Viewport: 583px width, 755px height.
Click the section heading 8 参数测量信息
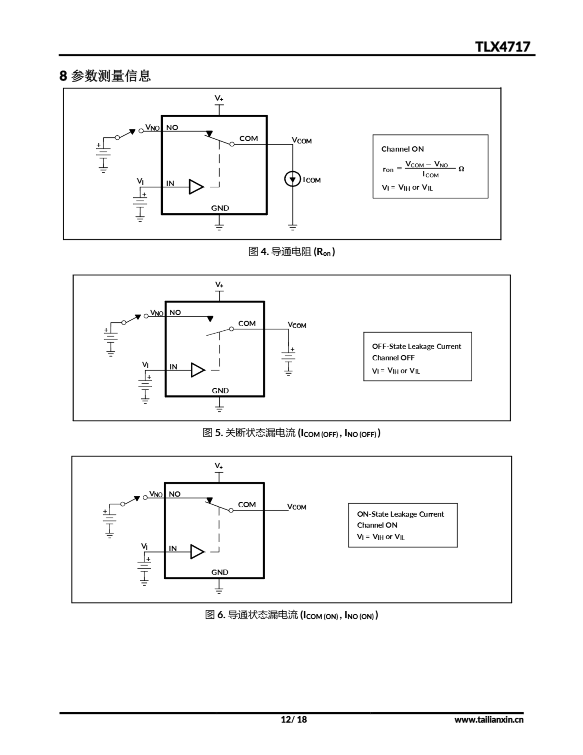105,76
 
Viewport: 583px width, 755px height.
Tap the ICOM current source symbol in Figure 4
292,179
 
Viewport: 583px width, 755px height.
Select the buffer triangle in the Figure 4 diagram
196,187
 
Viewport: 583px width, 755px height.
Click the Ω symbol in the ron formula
461,169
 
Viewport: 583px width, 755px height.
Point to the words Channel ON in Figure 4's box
402,149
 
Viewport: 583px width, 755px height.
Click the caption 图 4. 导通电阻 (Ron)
291,252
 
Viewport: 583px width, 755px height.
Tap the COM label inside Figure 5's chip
247,324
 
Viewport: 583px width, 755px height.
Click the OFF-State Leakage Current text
416,347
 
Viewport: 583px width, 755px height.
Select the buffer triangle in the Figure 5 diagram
198,370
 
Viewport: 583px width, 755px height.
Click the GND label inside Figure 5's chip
220,391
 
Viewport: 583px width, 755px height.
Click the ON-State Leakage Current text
400,514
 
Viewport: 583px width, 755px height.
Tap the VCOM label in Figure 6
297,507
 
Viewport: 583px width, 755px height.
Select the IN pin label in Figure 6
173,548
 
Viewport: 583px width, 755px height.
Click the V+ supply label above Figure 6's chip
219,466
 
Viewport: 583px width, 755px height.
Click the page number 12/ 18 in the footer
294,719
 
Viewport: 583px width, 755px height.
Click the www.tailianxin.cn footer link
489,720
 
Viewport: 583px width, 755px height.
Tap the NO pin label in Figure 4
172,128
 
